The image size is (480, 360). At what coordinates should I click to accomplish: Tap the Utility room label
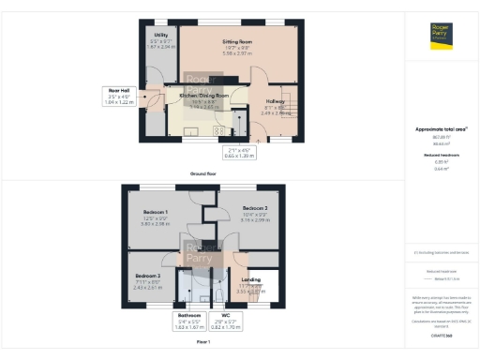(161, 36)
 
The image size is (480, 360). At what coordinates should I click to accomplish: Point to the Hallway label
(276, 101)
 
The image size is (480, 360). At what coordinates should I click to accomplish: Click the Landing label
(251, 279)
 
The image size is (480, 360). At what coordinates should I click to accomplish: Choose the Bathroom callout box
(190, 322)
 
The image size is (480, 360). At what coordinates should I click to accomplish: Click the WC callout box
(226, 322)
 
